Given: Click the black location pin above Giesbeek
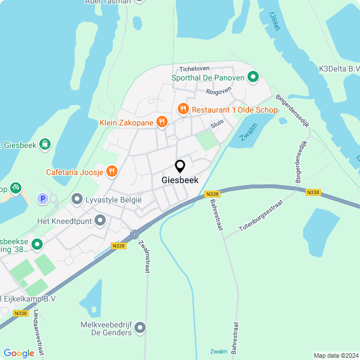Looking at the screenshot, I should point(180,166).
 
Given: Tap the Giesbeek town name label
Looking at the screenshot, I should point(180,181).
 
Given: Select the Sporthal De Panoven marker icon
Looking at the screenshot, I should point(253,76).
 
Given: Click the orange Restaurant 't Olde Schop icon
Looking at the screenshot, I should point(182,109).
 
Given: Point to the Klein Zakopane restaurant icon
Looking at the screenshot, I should point(161,121).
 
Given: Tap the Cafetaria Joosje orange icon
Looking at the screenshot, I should point(111,171).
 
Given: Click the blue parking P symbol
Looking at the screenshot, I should point(42,198).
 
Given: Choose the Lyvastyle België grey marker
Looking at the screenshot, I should point(77,199).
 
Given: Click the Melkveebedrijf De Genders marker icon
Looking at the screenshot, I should point(140,327).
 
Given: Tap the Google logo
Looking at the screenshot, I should point(19,353).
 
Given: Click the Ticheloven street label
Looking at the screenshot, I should point(195,69).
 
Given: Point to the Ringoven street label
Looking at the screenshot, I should point(218,91).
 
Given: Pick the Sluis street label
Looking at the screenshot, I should point(217,121).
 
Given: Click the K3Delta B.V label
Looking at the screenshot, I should point(339,69).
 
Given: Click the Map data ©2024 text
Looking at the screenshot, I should point(335,355).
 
